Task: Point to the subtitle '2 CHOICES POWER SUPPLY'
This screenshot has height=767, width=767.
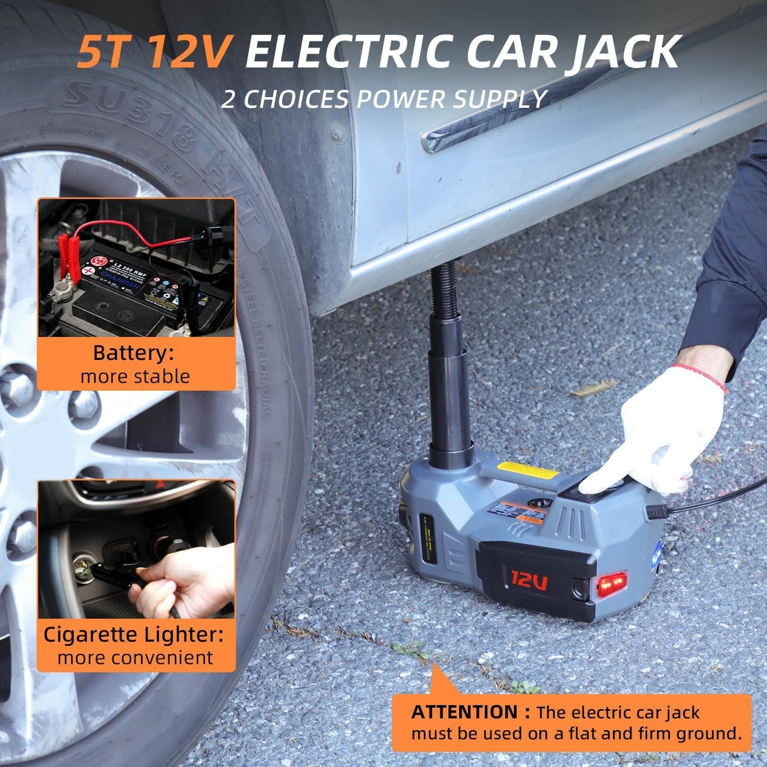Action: click(384, 99)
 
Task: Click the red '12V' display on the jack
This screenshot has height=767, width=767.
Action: click(529, 581)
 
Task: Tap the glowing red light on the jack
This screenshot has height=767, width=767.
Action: click(611, 585)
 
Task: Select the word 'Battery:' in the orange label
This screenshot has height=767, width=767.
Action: click(133, 353)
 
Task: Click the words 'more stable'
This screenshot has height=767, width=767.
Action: click(135, 376)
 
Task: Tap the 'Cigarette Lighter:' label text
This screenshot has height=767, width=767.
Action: click(133, 634)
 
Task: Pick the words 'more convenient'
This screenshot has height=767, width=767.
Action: click(135, 658)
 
